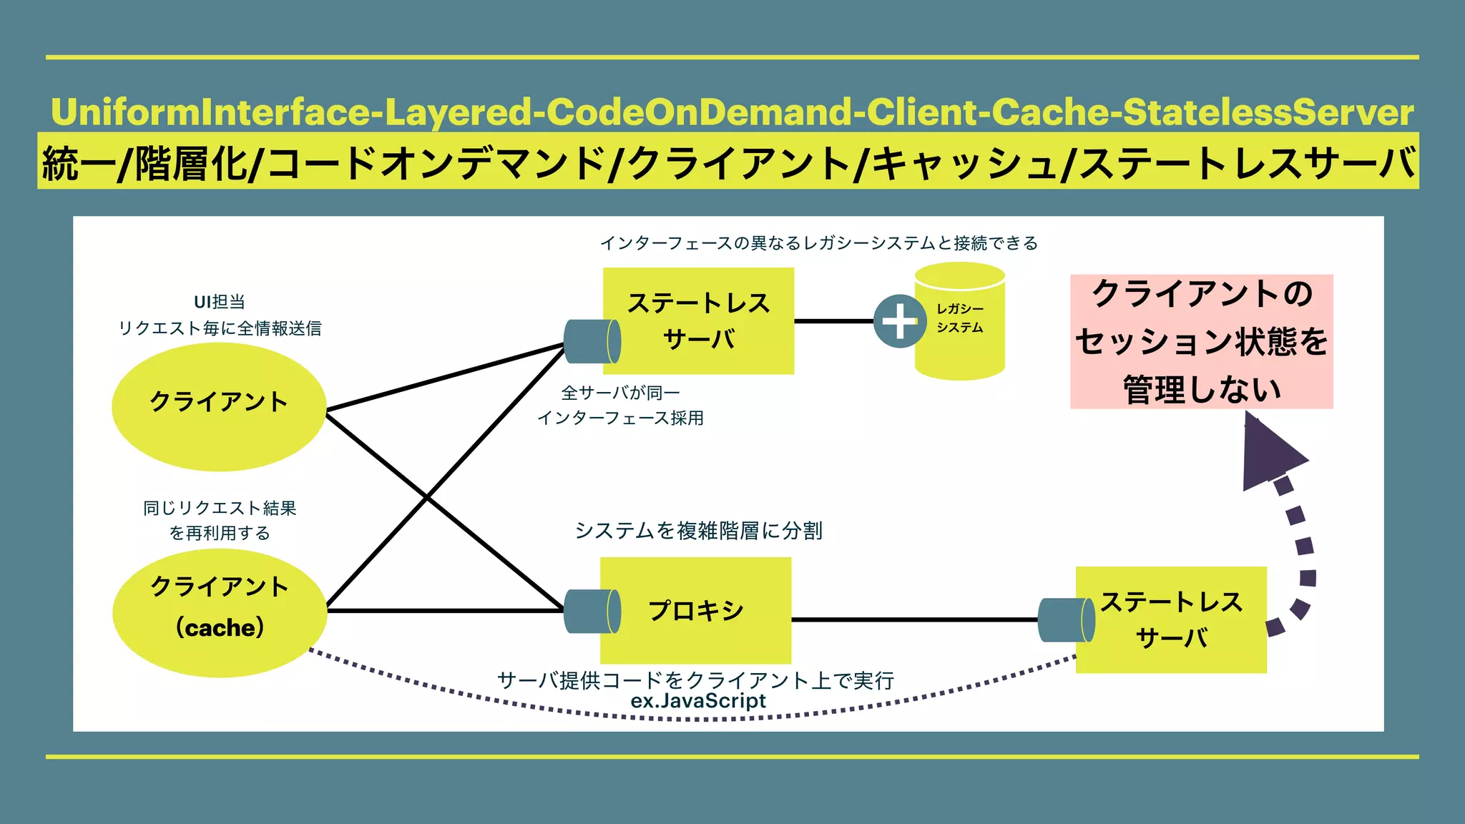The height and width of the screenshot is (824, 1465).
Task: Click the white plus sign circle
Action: (x=900, y=321)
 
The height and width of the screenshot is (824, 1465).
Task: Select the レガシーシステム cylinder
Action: (x=961, y=322)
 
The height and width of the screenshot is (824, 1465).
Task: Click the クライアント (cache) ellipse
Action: (x=220, y=612)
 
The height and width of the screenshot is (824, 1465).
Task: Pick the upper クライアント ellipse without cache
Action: (x=219, y=406)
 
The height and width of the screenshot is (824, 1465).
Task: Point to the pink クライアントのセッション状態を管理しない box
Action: (x=1201, y=341)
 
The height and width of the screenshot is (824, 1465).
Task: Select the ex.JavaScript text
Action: (x=697, y=701)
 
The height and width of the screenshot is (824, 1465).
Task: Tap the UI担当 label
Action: (x=220, y=302)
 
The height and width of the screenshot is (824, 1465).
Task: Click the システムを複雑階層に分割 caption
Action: (x=698, y=531)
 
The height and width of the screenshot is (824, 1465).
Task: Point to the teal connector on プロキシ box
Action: (x=592, y=611)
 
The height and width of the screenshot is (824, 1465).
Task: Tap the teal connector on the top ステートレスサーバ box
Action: (x=592, y=341)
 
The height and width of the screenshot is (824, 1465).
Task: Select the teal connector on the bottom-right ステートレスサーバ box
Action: (x=1066, y=619)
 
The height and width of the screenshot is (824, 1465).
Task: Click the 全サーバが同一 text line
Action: (x=620, y=393)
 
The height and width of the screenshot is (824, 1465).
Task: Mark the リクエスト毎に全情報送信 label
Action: (x=220, y=328)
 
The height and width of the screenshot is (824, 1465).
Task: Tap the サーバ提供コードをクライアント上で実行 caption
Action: (x=695, y=680)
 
